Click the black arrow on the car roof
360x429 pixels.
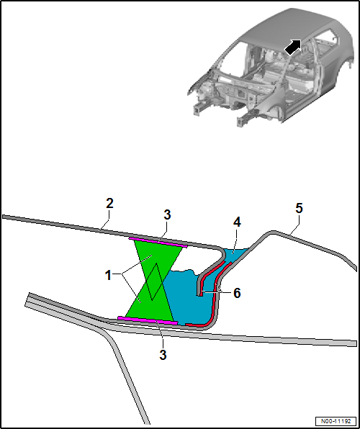pos(292,47)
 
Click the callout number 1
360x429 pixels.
pos(108,274)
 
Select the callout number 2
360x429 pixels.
pos(109,204)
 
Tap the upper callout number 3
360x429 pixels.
pos(167,214)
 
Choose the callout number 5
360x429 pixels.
pos(299,208)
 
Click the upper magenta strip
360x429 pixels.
pos(158,241)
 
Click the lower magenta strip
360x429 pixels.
pos(148,320)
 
